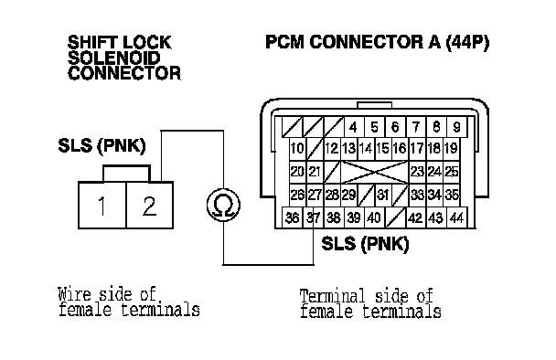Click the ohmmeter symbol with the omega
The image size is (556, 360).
223,206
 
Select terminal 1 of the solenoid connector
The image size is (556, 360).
102,206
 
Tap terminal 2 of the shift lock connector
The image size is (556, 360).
150,206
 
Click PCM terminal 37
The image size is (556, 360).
313,217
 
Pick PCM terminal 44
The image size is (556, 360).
456,217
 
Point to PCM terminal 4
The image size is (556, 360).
353,127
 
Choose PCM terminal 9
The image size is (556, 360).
456,127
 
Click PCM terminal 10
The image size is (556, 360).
297,148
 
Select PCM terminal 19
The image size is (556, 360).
451,148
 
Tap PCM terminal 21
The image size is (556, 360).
315,172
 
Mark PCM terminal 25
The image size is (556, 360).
452,172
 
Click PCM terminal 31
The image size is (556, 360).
383,195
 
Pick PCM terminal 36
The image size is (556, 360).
293,217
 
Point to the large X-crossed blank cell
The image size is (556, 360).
374,172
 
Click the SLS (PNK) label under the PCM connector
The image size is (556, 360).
365,244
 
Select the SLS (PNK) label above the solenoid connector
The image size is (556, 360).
102,145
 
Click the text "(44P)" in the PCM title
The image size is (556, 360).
467,42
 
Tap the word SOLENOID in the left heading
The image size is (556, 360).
114,58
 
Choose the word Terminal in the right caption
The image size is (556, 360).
332,296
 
